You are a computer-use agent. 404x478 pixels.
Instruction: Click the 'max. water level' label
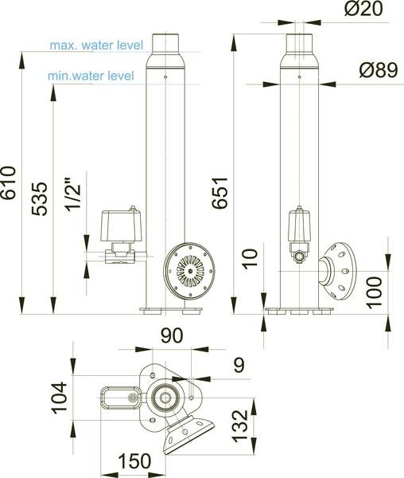point(96,45)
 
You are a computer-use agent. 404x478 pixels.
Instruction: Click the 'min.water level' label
point(91,76)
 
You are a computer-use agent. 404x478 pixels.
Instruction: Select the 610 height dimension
point(8,182)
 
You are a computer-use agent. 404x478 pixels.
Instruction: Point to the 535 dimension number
point(40,198)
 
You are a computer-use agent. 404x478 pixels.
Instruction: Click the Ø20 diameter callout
point(363,8)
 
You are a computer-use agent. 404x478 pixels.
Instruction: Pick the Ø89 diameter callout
point(379,70)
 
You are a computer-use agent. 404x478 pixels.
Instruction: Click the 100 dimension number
point(375,292)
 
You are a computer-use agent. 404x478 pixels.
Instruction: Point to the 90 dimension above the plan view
point(172,335)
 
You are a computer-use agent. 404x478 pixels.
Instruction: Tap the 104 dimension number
point(59,398)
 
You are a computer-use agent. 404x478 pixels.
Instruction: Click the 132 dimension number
point(240,426)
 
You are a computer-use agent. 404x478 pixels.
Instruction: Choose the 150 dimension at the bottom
point(134,461)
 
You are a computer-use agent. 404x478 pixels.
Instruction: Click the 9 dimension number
point(239,365)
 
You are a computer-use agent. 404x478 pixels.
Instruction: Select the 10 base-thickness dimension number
point(250,259)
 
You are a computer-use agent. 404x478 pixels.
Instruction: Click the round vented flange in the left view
point(189,271)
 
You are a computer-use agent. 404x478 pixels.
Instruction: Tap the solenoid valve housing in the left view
point(121,226)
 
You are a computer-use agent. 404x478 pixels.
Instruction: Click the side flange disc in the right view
point(340,271)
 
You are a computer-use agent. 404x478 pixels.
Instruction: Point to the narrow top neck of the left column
point(165,44)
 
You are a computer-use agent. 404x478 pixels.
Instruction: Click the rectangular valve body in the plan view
point(121,398)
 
